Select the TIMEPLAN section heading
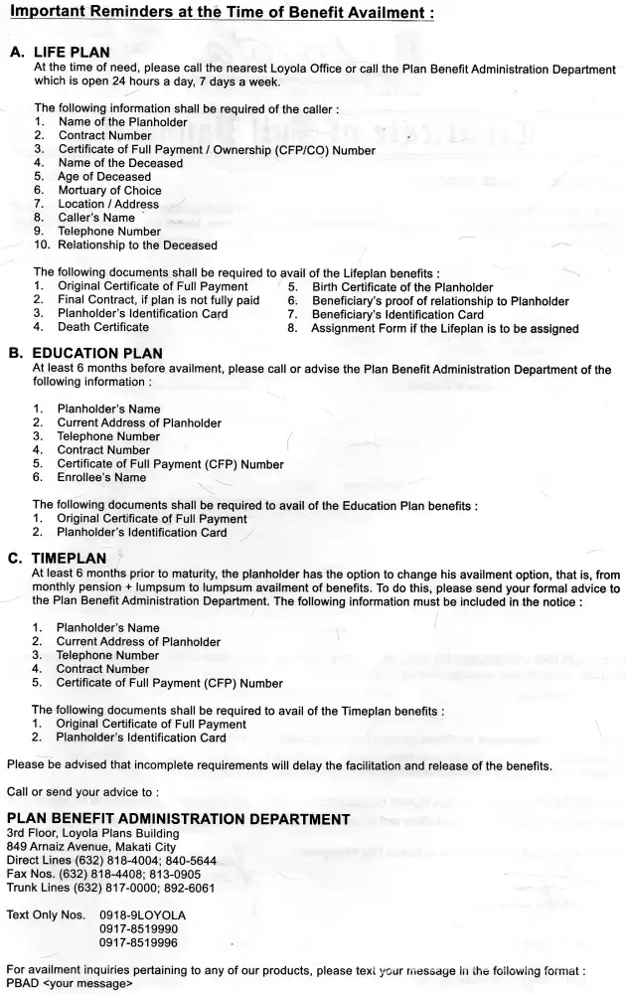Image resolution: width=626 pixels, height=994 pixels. [74, 559]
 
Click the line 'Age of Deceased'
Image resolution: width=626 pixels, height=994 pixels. [104, 177]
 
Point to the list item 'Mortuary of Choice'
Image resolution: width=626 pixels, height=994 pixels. [110, 190]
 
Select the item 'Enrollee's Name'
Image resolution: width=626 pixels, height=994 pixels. [101, 477]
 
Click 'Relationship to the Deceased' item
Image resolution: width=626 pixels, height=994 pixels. [137, 245]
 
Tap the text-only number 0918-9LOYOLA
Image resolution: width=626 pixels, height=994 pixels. [142, 913]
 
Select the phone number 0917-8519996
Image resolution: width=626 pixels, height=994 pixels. [138, 941]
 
